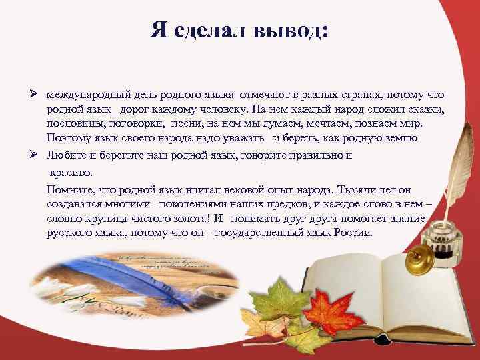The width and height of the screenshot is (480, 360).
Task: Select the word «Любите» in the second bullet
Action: (64, 155)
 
